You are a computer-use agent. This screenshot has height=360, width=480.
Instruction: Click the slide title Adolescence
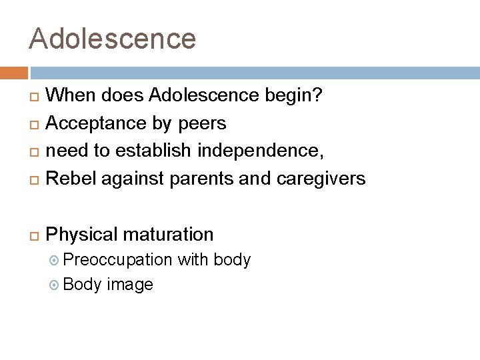coord(112,38)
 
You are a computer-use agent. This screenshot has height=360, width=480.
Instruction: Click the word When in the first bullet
coord(71,96)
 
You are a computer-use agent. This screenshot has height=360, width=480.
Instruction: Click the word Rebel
coord(69,179)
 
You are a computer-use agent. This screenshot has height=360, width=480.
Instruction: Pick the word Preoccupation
coord(119,259)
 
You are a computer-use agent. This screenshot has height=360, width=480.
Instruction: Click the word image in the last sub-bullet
coord(130,285)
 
